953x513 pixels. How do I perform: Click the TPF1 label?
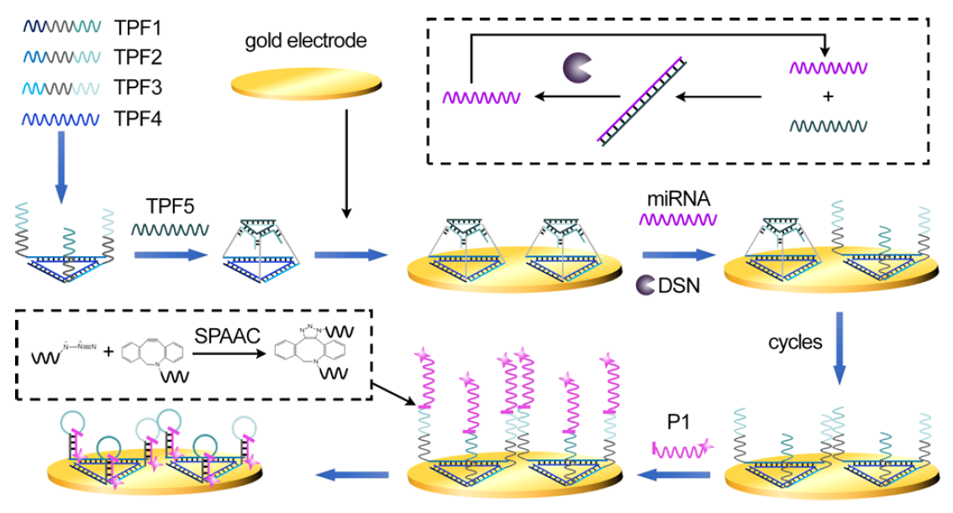(x=138, y=29)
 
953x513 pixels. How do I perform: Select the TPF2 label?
(x=138, y=58)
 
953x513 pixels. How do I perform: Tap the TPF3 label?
(x=138, y=88)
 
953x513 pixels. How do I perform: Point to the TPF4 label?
(x=138, y=119)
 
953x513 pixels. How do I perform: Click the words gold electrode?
(x=295, y=39)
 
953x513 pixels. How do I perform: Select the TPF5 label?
(x=168, y=207)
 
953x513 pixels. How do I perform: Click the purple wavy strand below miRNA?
(x=676, y=220)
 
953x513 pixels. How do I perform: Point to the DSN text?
(x=680, y=286)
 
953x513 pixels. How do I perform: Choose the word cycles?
(x=794, y=343)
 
